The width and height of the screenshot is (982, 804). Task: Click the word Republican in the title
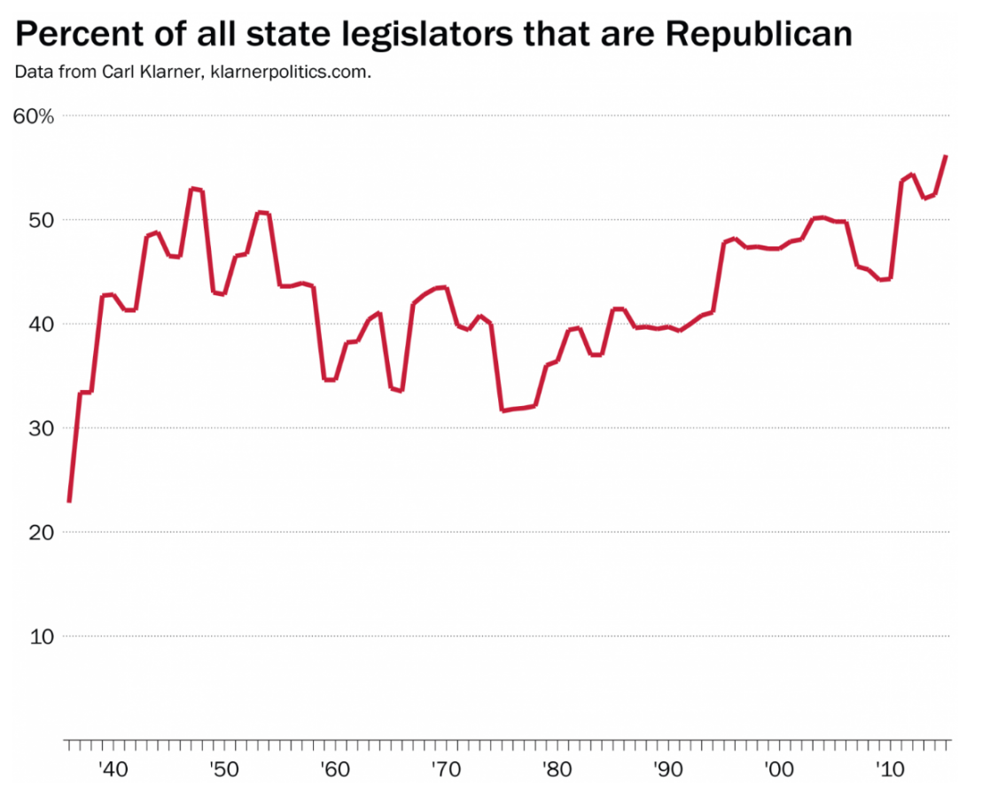point(759,34)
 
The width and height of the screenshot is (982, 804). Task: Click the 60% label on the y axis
point(34,116)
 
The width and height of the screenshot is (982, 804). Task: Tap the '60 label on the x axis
point(333,768)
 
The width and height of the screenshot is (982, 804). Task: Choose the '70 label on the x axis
point(444,768)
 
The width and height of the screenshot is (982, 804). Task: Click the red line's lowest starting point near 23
point(68,502)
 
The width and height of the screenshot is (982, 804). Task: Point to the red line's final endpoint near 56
point(947,156)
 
